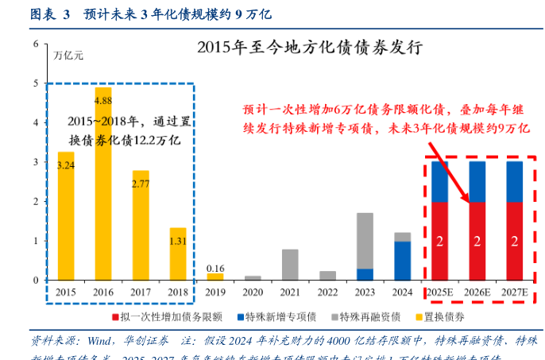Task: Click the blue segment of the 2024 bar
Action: (x=403, y=261)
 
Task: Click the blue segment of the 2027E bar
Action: (x=515, y=181)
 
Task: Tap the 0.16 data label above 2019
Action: (x=215, y=268)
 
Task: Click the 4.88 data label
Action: (x=103, y=101)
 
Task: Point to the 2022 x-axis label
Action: (x=327, y=292)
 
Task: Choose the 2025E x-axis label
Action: (x=440, y=292)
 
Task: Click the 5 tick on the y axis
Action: (x=35, y=83)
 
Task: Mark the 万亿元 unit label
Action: (x=68, y=56)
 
